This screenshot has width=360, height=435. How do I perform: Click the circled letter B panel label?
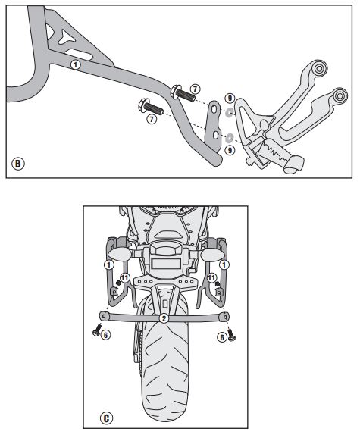(x=18, y=164)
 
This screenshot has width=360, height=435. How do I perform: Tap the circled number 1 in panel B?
(x=76, y=65)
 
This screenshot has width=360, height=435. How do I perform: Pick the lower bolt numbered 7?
(x=150, y=107)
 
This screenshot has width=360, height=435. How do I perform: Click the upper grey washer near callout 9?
(x=229, y=112)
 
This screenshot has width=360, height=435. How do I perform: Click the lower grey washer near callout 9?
(x=230, y=137)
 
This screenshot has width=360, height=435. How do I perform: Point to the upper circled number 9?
(x=230, y=98)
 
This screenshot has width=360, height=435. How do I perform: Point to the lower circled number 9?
(x=230, y=150)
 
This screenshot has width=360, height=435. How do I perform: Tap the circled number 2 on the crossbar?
(x=164, y=318)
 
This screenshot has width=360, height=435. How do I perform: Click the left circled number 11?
(x=125, y=277)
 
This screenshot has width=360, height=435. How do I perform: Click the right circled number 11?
(x=211, y=277)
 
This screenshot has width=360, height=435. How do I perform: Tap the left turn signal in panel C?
(x=117, y=255)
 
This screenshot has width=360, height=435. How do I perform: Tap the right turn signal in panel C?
(x=211, y=255)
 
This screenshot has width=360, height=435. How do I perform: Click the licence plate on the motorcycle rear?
(x=165, y=263)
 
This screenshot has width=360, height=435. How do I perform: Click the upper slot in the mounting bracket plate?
(x=214, y=109)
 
